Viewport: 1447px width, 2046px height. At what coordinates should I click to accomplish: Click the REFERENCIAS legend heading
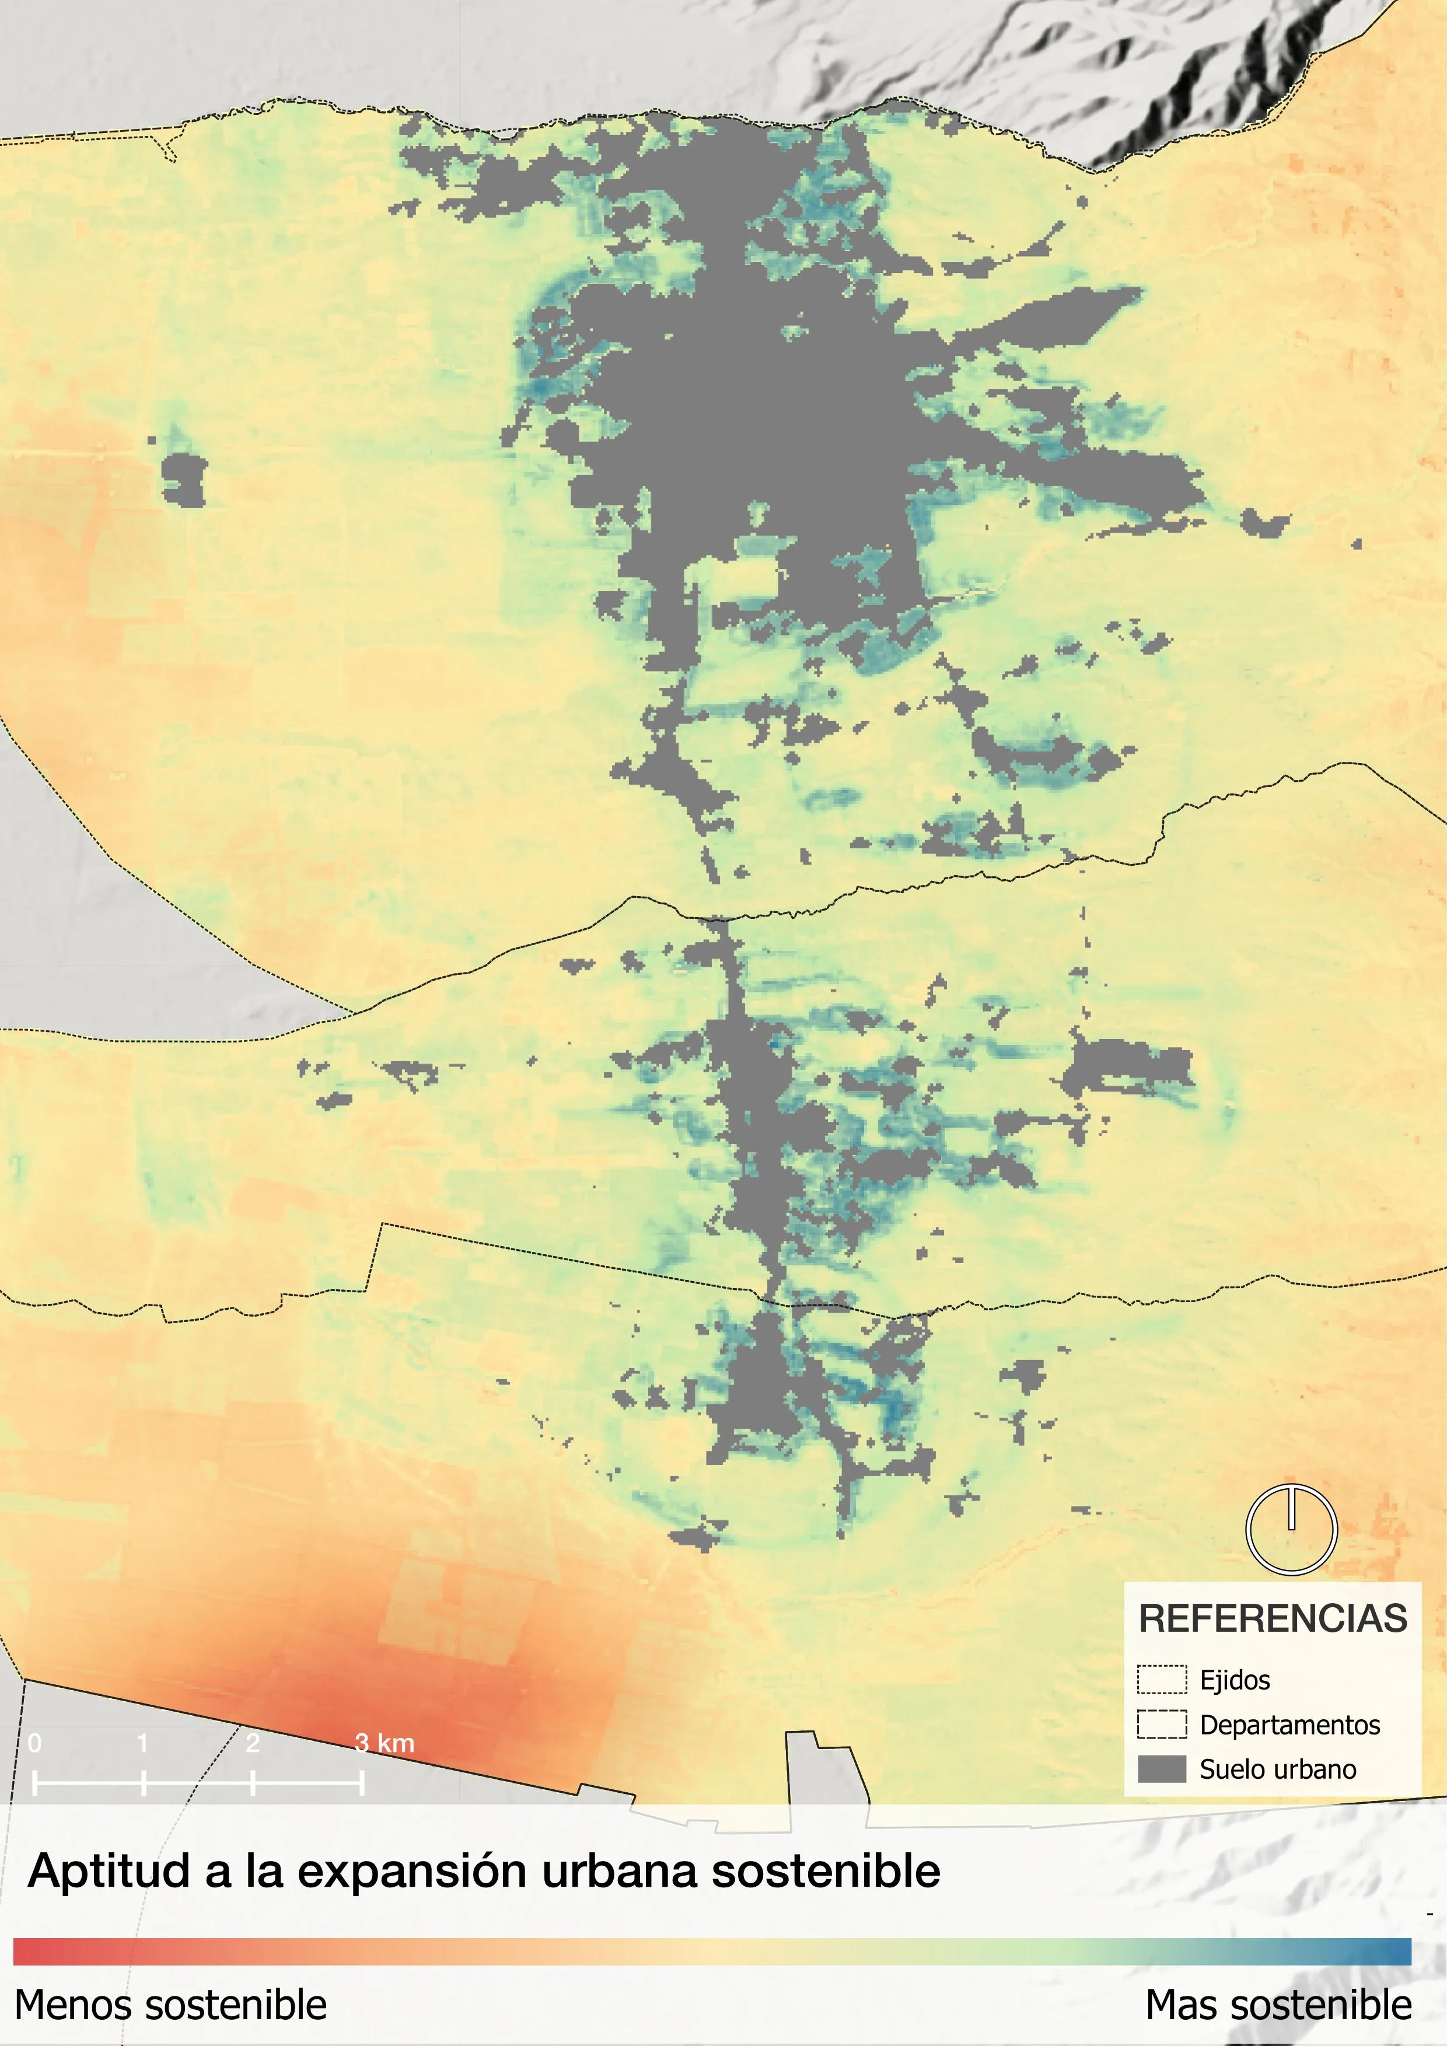click(1273, 1619)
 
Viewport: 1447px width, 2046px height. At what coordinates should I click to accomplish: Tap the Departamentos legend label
click(1289, 1725)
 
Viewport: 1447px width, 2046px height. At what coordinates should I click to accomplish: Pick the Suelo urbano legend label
click(1278, 1769)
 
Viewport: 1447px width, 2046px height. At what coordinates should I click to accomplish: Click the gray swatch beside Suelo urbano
click(1162, 1769)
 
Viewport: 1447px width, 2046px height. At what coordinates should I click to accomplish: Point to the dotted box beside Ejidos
click(1162, 1680)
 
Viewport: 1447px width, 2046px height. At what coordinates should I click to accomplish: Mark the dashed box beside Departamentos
click(1162, 1725)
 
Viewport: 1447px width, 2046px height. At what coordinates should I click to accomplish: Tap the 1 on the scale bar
click(142, 1743)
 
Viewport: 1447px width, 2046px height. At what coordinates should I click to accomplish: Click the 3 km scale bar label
click(384, 1743)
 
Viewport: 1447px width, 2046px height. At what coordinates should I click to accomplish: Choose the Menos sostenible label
click(171, 2005)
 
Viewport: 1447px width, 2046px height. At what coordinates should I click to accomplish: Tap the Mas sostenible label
click(1278, 2005)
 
